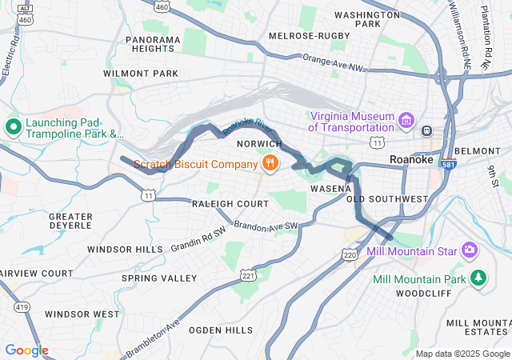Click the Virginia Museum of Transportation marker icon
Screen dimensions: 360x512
point(407,121)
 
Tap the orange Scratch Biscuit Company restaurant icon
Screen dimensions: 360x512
point(270,164)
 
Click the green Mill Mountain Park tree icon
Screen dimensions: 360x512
point(478,278)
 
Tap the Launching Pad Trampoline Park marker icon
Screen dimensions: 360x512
point(13,126)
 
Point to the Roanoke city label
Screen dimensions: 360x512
point(410,160)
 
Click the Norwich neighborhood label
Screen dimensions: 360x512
point(259,143)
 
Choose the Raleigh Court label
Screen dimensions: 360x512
point(230,204)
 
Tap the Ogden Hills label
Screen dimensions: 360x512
point(222,330)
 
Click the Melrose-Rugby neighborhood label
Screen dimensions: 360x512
point(310,36)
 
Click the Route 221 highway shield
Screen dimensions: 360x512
point(248,275)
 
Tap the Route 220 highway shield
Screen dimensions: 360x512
point(349,254)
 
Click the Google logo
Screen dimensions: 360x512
point(26,350)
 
